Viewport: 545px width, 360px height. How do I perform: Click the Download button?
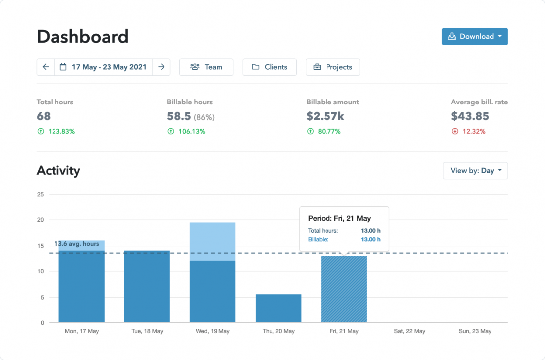pos(474,37)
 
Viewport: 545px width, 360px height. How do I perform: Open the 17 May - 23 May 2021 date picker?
pos(104,67)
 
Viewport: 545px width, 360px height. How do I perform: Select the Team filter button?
pos(206,67)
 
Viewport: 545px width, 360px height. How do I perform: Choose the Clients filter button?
pos(269,67)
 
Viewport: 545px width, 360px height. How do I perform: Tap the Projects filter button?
pos(332,67)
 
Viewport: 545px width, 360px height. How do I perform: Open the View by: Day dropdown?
pos(475,171)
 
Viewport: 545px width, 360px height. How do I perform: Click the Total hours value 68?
pos(44,116)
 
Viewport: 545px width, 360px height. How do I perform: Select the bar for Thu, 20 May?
pos(278,309)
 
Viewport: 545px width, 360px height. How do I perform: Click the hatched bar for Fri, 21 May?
pos(344,290)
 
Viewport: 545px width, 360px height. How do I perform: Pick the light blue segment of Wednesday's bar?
pos(213,242)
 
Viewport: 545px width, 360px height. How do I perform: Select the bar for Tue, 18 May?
pos(147,287)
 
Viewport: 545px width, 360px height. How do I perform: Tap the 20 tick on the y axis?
pos(41,220)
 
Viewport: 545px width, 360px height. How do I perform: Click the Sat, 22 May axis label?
pos(409,331)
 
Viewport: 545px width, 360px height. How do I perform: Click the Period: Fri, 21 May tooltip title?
pos(339,218)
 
